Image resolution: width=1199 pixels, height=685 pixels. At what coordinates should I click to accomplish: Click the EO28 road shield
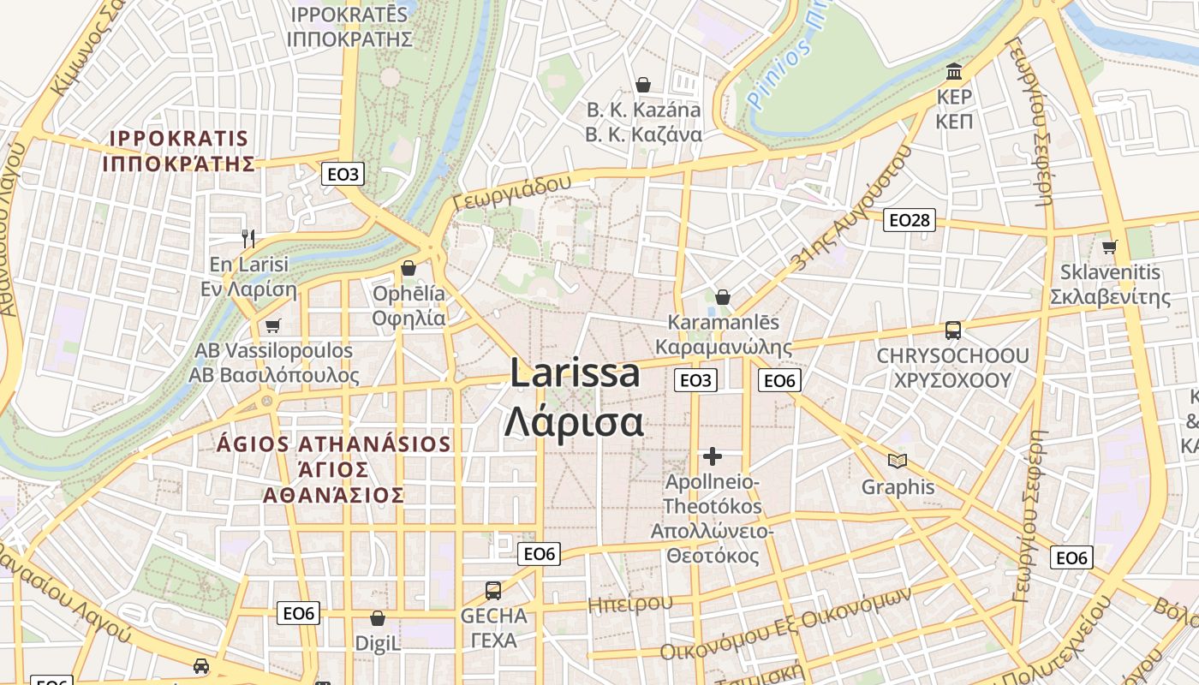tap(909, 220)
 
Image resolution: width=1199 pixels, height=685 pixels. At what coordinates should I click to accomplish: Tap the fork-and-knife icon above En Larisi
tap(248, 238)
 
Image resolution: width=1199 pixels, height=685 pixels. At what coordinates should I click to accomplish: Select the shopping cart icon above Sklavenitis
tap(1110, 247)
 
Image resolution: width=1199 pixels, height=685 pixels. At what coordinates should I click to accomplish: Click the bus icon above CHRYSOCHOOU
tap(952, 331)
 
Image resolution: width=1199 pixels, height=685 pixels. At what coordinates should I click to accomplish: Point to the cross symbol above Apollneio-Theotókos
tap(712, 456)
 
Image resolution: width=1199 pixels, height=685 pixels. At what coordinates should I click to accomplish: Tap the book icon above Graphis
tap(898, 462)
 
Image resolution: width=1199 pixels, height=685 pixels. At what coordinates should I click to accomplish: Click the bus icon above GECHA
tap(493, 590)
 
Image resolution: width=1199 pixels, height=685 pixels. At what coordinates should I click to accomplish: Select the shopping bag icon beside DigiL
tap(377, 618)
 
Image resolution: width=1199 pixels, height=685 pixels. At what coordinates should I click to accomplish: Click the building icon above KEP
tap(954, 71)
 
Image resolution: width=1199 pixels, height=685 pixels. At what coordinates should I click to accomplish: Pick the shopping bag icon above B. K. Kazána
tap(643, 85)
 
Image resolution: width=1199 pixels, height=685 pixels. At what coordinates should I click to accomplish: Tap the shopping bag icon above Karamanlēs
tap(723, 297)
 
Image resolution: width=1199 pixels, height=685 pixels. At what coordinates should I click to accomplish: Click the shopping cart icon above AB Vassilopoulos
tap(273, 325)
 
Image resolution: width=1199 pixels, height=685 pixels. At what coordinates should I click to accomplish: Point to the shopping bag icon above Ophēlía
tap(409, 268)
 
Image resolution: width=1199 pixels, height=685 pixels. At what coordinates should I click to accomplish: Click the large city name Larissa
tap(575, 374)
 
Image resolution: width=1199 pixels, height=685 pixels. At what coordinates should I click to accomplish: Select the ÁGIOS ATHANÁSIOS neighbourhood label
tap(334, 469)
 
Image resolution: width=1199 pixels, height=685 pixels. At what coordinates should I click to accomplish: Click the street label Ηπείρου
tap(630, 604)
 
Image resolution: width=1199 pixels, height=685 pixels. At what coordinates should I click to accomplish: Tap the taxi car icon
tap(200, 666)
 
